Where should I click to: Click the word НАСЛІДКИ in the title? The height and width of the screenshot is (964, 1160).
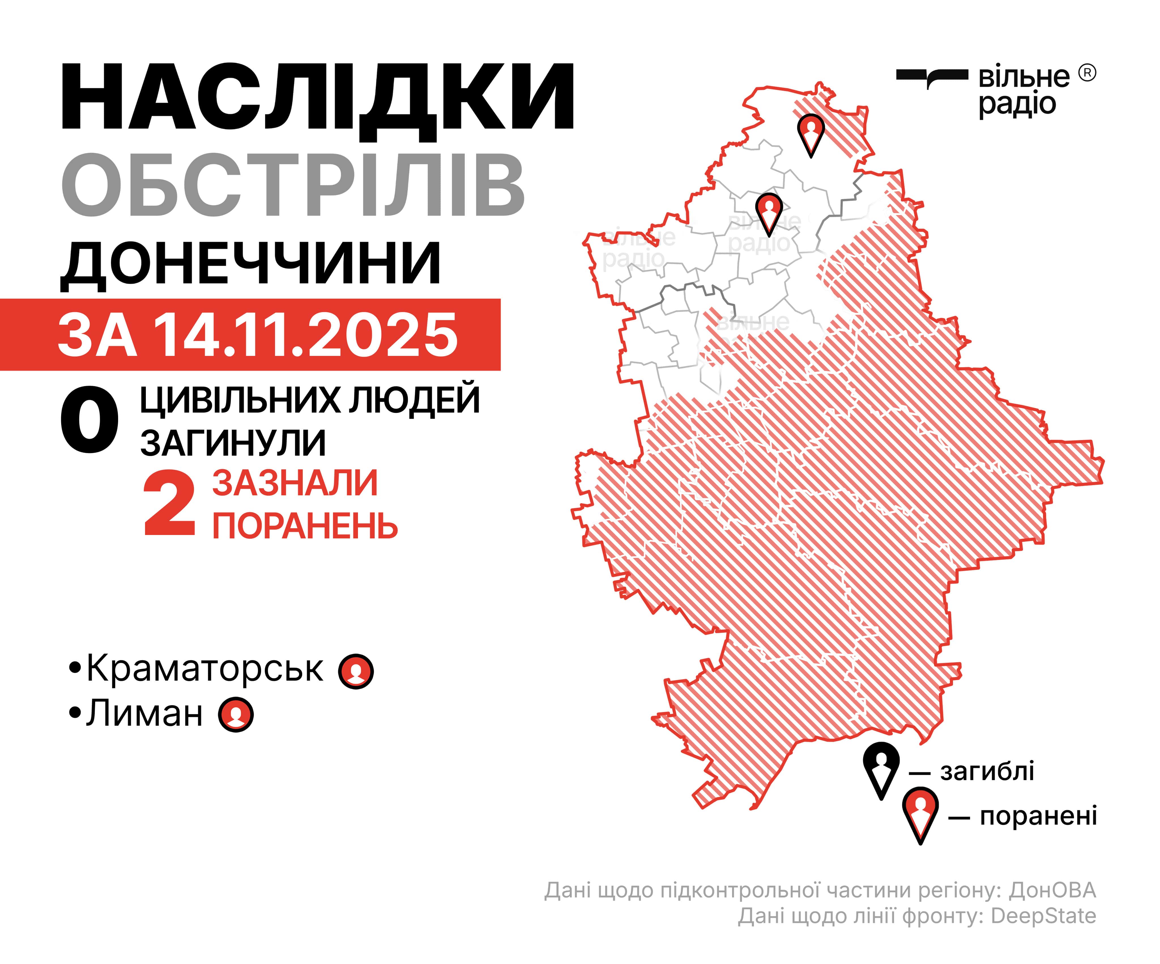click(318, 98)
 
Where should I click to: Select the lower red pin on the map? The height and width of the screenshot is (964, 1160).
click(769, 211)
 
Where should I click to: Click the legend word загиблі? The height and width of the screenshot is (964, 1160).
click(987, 771)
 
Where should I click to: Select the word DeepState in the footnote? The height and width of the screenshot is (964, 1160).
click(1043, 916)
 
